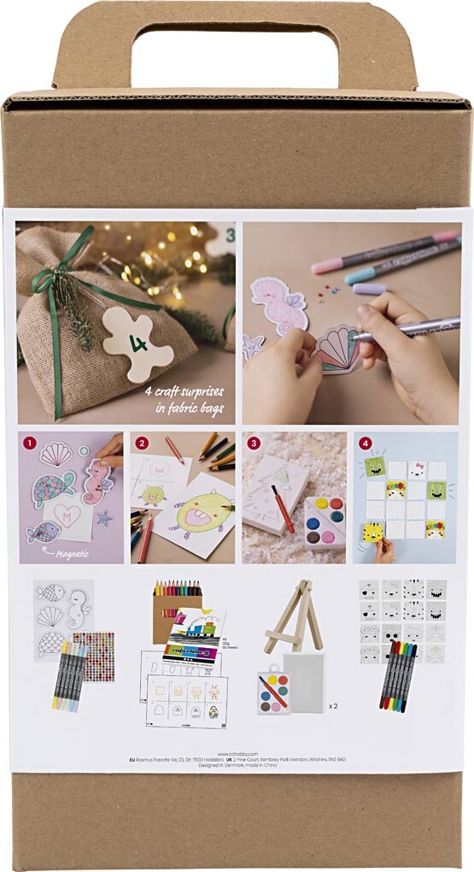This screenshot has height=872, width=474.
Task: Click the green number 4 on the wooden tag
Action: click(x=135, y=344)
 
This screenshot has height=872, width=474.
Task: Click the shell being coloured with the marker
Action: click(x=336, y=349)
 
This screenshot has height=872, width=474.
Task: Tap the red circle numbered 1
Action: click(x=30, y=444)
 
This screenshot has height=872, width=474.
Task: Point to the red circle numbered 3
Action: click(x=254, y=444)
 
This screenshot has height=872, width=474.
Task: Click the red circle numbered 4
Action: click(x=365, y=444)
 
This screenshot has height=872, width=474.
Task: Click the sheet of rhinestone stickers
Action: click(x=93, y=657)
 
